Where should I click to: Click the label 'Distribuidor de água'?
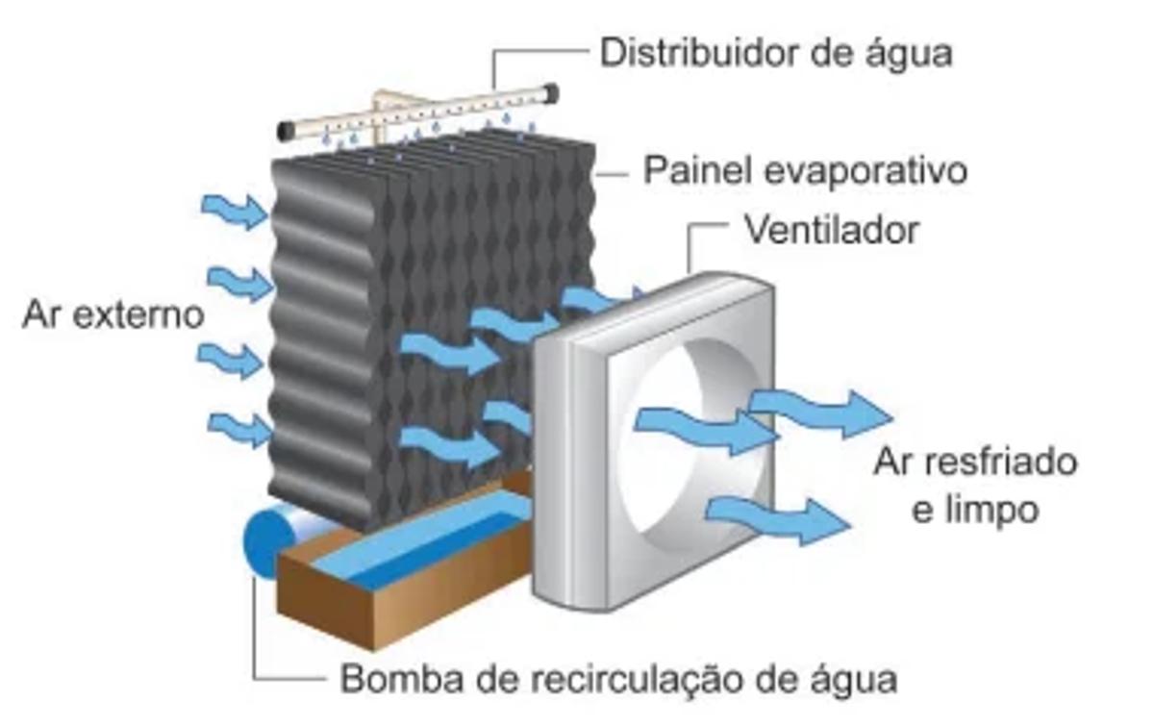point(775,52)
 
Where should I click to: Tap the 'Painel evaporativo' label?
point(804,171)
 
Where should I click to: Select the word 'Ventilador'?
point(831,231)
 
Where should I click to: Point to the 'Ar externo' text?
point(113,315)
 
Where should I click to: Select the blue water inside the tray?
point(423,543)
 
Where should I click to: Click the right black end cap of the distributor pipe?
point(550,92)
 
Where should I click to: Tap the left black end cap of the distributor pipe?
point(287,130)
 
